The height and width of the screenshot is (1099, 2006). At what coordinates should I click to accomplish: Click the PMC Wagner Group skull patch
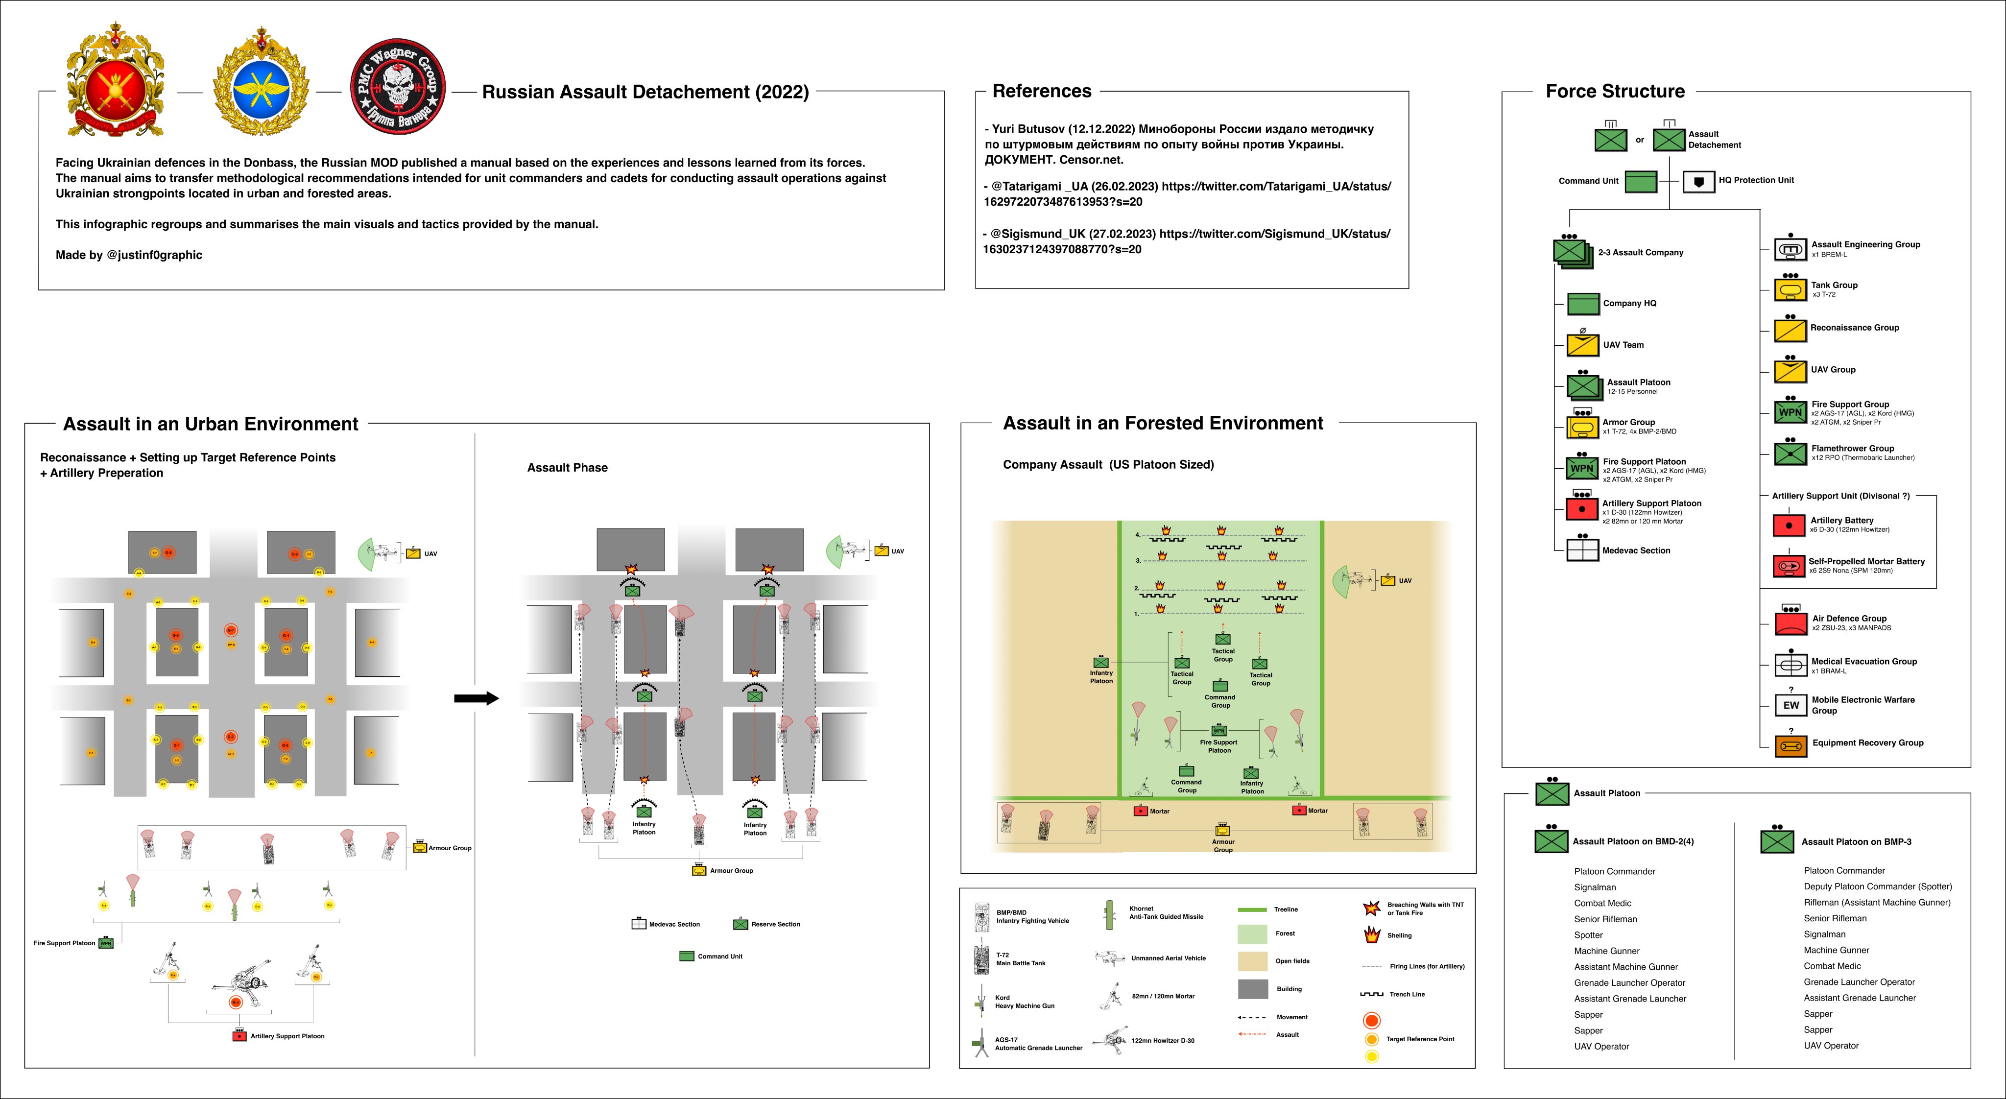(398, 87)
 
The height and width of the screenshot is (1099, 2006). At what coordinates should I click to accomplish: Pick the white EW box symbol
(1791, 705)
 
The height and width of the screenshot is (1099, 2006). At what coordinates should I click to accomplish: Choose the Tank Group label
(1834, 285)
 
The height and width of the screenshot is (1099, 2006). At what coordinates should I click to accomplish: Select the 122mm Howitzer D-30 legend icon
(1110, 1040)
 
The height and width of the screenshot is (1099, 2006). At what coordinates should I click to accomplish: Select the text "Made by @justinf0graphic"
(128, 255)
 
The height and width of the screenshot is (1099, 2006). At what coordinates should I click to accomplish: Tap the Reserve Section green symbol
(740, 924)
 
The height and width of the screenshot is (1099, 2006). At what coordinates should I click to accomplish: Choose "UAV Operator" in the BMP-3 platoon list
(1831, 1045)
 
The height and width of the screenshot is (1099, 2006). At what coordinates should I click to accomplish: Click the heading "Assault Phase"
(567, 467)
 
